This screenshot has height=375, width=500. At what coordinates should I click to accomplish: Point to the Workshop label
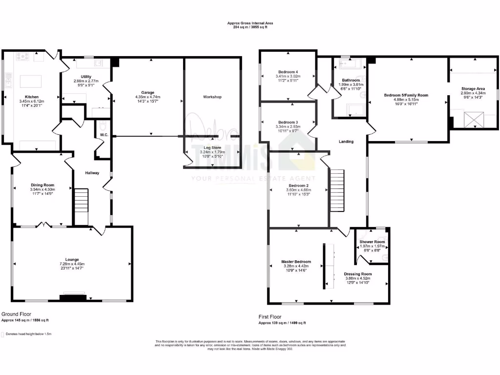pos(212,97)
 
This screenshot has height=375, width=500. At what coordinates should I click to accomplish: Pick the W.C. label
pos(104,135)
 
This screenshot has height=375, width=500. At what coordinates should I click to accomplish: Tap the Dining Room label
pos(42,185)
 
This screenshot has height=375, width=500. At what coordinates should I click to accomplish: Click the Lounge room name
pos(72,259)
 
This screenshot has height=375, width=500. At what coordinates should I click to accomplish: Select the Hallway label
pos(92,172)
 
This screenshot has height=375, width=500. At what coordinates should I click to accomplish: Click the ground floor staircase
pos(81,207)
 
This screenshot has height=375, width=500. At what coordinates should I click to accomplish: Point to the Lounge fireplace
pos(72,296)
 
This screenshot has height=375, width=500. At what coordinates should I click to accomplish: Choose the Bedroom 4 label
pos(287,72)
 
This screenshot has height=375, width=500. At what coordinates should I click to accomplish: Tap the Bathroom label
pos(351,80)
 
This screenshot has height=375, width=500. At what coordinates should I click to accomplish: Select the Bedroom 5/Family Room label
pos(406,95)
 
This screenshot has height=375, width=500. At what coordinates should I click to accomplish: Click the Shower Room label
pos(372,242)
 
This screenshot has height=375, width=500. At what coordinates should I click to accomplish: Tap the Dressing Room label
pos(357,274)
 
